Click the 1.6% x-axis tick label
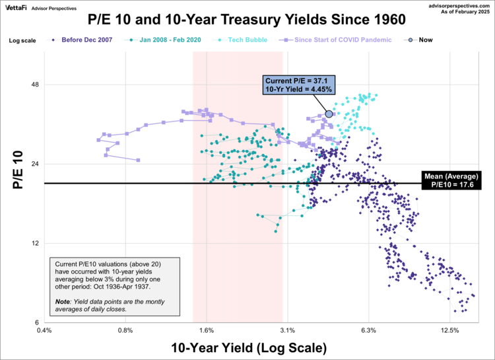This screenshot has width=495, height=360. pos(206,330)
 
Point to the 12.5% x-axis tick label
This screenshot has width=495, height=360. pos(449,330)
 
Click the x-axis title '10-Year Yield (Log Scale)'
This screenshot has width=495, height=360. pos(248,347)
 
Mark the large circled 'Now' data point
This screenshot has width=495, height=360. pos(329,114)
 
